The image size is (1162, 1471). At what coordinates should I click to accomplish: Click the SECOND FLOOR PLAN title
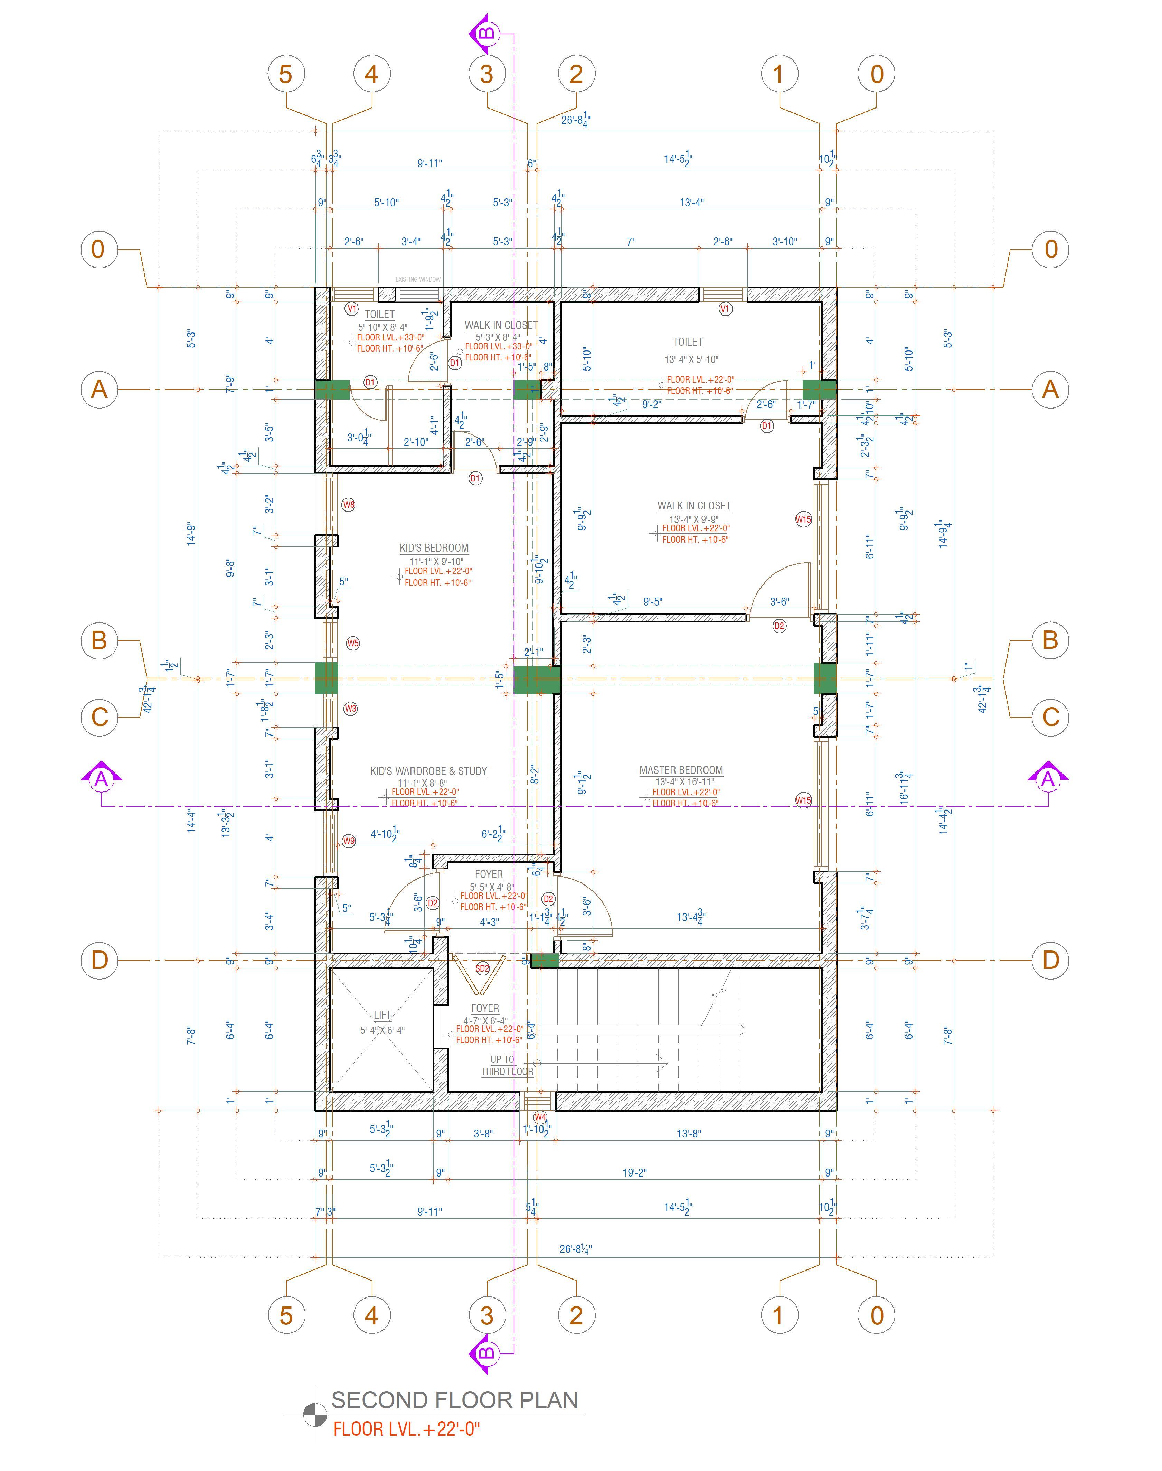click(454, 1399)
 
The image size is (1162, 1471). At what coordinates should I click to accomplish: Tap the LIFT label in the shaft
click(382, 1014)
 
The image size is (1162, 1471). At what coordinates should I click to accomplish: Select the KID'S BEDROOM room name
click(434, 548)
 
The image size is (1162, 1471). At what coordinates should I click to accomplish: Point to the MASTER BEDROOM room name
click(681, 770)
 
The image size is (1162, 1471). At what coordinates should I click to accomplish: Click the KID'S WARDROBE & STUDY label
click(428, 771)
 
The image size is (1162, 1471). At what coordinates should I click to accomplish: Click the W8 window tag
click(348, 505)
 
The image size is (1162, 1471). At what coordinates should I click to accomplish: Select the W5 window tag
click(352, 643)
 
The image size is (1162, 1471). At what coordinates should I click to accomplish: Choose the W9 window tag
click(348, 841)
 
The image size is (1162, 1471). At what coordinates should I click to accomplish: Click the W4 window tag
click(540, 1116)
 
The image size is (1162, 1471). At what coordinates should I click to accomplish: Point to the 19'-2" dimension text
click(634, 1172)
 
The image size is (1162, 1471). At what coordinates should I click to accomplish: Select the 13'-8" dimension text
click(689, 1134)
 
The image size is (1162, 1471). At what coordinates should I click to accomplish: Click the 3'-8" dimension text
click(483, 1134)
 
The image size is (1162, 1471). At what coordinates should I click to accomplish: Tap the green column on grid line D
click(544, 961)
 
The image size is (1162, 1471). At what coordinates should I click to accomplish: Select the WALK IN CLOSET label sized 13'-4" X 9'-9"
click(694, 506)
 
